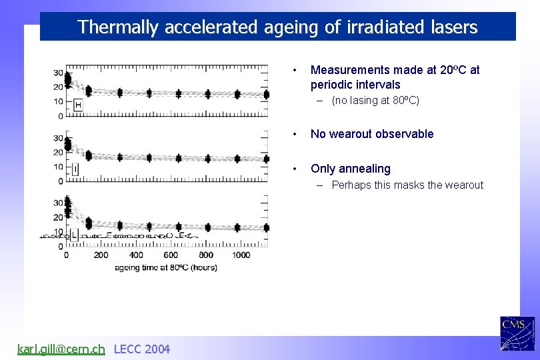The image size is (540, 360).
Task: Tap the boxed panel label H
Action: [x=79, y=105]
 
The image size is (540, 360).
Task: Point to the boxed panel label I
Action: [x=75, y=170]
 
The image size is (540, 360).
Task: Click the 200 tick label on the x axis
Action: [x=101, y=255]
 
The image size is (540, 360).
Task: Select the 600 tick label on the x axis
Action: [x=171, y=255]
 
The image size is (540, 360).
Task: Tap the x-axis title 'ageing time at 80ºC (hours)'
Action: [x=165, y=267]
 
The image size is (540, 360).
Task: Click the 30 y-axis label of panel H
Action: [x=59, y=73]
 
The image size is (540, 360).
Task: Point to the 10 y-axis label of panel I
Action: [x=59, y=167]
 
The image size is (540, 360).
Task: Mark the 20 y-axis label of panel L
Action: [x=59, y=217]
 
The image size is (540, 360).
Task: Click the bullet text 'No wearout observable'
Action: [x=372, y=134]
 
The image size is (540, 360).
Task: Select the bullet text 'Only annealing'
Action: [x=351, y=169]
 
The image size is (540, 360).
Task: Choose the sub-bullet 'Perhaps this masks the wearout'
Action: [x=407, y=185]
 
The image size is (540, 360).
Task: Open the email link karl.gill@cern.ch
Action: [x=61, y=349]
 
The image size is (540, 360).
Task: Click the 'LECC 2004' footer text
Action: [x=142, y=349]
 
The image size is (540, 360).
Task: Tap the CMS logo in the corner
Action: [x=517, y=333]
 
